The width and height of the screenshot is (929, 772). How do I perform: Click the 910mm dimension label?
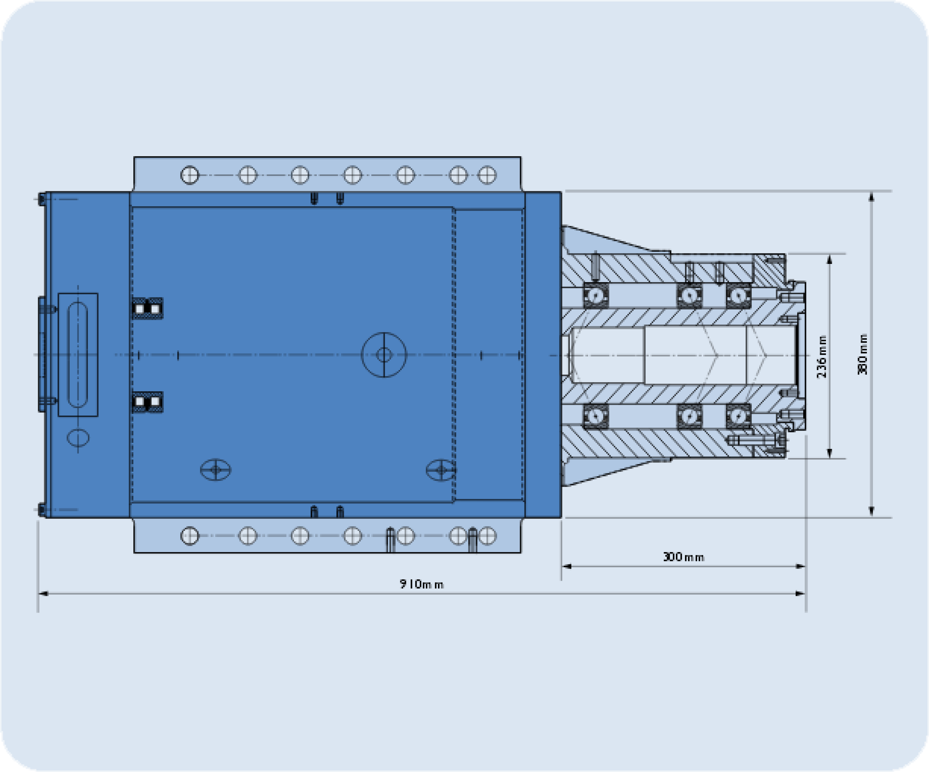tap(421, 584)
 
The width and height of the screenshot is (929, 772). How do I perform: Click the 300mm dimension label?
tap(684, 557)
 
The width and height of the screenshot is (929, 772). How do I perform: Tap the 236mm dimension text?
tap(821, 357)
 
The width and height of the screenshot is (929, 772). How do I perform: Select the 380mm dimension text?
tap(863, 354)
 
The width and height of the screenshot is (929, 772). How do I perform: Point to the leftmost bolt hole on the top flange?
tap(190, 175)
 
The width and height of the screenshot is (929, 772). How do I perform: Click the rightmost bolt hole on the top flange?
tap(487, 175)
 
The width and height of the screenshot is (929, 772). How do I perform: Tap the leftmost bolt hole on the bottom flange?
tap(190, 536)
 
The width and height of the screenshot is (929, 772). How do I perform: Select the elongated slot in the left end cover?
tap(78, 355)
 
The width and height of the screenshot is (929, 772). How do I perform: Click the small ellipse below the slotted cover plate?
tap(78, 438)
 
